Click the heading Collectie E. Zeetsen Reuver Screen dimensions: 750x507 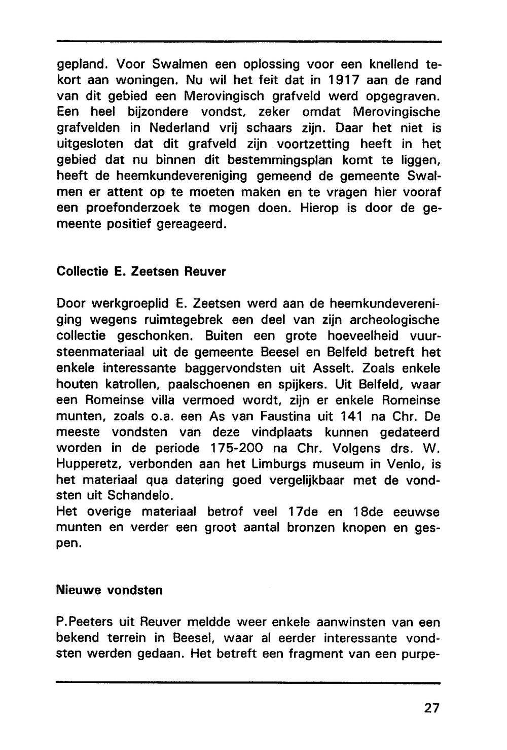coord(141,271)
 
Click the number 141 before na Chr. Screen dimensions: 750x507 coord(354,416)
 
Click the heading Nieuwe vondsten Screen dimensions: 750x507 coord(110,590)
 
